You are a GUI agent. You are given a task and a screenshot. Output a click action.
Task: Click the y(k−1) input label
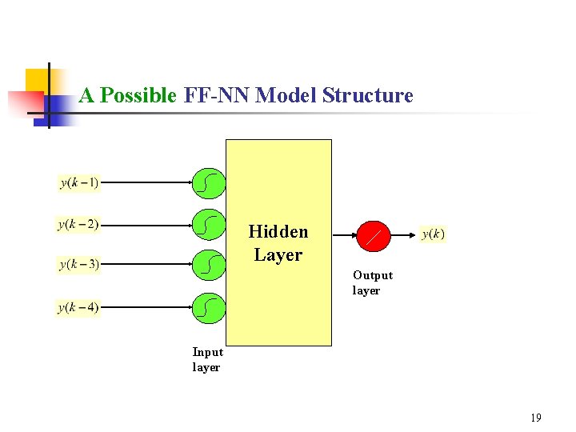tap(79, 183)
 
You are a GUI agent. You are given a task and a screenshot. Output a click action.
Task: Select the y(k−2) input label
tap(78, 225)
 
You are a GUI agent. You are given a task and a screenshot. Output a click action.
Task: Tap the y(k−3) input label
tap(78, 264)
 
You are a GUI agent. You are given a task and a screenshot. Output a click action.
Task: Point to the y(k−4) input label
tap(78, 307)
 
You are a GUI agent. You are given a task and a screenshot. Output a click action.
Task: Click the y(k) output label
tap(433, 234)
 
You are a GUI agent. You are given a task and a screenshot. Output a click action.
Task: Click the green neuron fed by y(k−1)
tap(208, 184)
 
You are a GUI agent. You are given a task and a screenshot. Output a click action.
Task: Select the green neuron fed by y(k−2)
tap(208, 225)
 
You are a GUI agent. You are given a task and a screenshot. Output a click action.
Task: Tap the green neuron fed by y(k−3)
tap(208, 264)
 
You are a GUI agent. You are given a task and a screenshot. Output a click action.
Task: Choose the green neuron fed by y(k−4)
tap(208, 306)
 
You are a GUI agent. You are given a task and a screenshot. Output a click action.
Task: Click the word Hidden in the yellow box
tap(278, 232)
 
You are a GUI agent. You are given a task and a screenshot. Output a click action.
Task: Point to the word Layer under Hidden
tap(278, 255)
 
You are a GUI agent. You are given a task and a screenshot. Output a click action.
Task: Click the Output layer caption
tap(372, 283)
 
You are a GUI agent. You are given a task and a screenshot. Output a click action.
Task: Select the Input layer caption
tap(207, 360)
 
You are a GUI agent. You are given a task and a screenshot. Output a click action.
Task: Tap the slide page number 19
tap(535, 418)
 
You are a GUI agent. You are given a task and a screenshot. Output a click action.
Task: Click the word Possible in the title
tap(138, 96)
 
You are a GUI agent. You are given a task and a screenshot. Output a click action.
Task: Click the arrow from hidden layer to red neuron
tap(344, 234)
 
